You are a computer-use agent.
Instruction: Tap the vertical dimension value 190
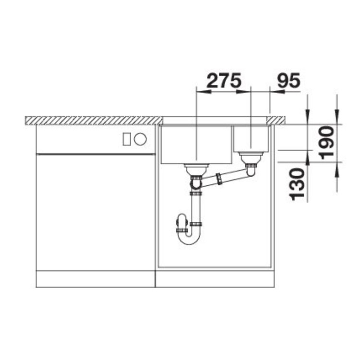pos(327,143)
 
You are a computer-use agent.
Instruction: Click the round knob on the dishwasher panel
pos(140,139)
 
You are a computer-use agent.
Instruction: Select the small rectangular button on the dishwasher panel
pos(127,139)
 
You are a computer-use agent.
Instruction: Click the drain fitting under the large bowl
pos(196,168)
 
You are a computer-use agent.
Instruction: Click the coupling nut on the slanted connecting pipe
pos(219,179)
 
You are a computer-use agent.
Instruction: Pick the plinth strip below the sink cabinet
pos(215,278)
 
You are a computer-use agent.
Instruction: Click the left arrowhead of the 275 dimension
pos(201,90)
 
